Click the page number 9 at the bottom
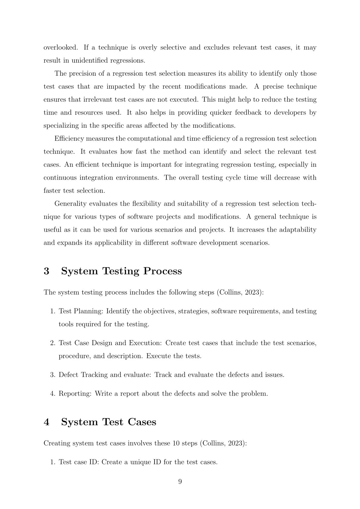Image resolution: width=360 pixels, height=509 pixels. (x=180, y=481)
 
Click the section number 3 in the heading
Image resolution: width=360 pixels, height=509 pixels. (x=47, y=271)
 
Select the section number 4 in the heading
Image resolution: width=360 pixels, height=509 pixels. (x=47, y=422)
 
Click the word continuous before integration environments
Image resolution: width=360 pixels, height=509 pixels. (x=60, y=178)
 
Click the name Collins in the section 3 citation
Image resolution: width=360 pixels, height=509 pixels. (x=230, y=292)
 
